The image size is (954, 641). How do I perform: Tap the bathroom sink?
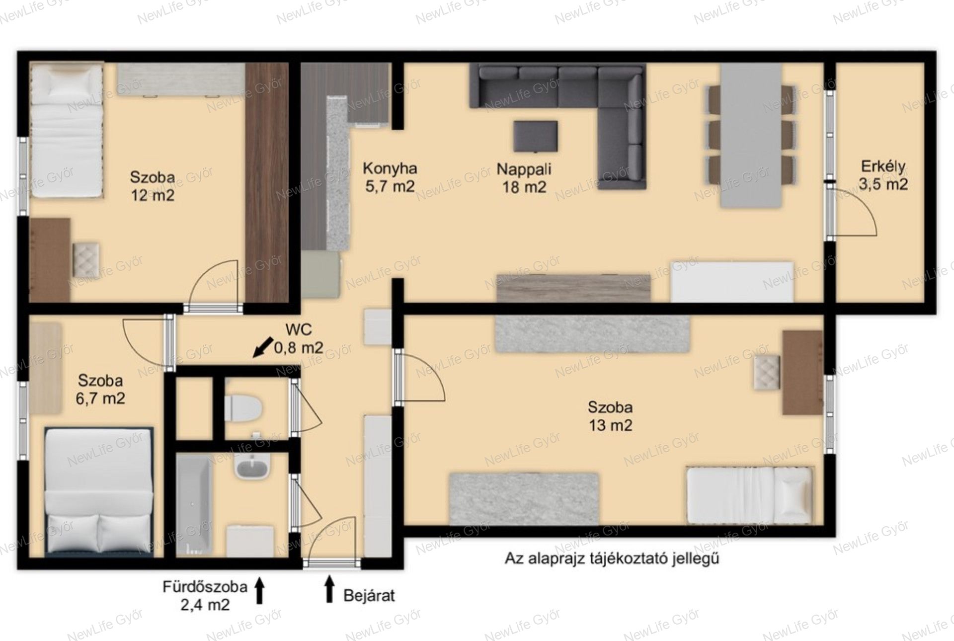(252, 468)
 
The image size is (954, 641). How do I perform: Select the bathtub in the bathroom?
(194, 505)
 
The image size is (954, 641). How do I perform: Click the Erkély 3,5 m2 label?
(883, 175)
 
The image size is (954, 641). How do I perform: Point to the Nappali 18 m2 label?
(524, 178)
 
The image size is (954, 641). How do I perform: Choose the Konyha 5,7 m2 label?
(390, 177)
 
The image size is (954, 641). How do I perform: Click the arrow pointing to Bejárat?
(329, 589)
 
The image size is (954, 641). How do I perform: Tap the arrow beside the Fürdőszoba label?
(259, 590)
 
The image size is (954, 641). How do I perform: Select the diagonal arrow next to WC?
(263, 347)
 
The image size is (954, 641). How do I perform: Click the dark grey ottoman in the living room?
(535, 136)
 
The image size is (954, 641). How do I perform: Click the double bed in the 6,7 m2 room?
(98, 490)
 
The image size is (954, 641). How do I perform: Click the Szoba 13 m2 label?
(610, 416)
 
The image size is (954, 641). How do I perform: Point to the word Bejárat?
(369, 595)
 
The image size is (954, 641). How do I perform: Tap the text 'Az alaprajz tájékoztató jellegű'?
(612, 559)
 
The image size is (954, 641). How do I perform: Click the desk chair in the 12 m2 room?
(86, 260)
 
